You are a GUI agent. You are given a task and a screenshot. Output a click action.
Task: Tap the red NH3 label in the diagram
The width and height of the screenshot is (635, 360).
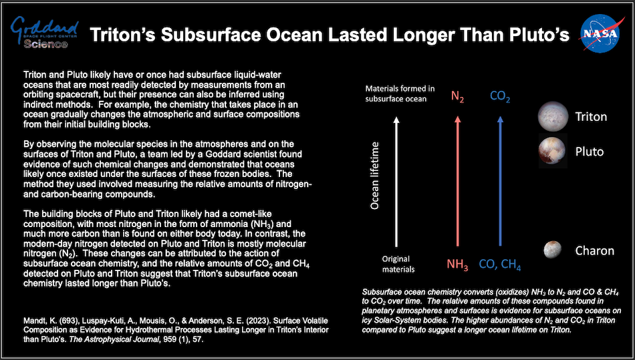(457, 264)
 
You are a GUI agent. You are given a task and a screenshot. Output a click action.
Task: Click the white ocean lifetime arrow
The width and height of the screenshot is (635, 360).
(398, 180)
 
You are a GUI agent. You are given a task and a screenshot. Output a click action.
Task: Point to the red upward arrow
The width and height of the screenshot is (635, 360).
(457, 180)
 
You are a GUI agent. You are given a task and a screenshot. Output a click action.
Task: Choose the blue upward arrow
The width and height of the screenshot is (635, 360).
(500, 180)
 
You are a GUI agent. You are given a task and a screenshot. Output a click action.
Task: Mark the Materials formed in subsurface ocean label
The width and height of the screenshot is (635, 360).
(400, 94)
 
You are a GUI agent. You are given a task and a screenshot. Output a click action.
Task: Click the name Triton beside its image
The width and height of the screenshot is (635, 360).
(591, 117)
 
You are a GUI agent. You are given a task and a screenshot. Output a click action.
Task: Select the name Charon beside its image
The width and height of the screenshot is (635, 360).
(594, 251)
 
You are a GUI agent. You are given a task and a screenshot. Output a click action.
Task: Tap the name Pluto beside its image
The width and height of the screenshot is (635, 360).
(589, 151)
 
